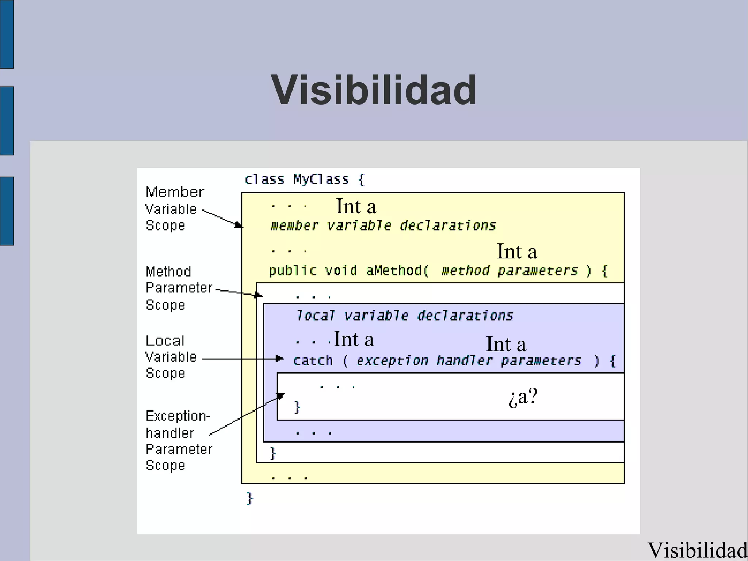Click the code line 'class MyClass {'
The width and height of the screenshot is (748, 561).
(x=304, y=179)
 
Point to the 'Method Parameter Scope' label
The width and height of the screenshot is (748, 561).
(x=178, y=288)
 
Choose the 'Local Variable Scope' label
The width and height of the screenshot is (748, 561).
(x=171, y=357)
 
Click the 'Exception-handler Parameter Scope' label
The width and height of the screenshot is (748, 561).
(x=178, y=440)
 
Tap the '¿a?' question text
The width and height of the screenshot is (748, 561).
(x=523, y=397)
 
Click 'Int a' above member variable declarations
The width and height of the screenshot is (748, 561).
(x=356, y=206)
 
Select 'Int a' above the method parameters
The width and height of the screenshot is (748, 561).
(x=517, y=252)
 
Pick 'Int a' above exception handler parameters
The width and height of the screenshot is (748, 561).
(x=506, y=344)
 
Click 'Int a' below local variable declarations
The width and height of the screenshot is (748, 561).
(x=354, y=340)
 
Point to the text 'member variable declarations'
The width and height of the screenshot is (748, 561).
(x=383, y=225)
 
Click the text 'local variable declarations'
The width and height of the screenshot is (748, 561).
(x=404, y=315)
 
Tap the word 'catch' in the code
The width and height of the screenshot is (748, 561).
(x=313, y=361)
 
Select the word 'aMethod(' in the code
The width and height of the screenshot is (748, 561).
(x=397, y=271)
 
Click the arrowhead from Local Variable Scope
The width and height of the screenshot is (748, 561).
(x=280, y=359)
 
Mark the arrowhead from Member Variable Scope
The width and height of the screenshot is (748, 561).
(x=238, y=225)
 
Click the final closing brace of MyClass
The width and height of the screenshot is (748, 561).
(x=250, y=498)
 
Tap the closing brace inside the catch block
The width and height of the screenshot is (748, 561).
(x=297, y=407)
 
